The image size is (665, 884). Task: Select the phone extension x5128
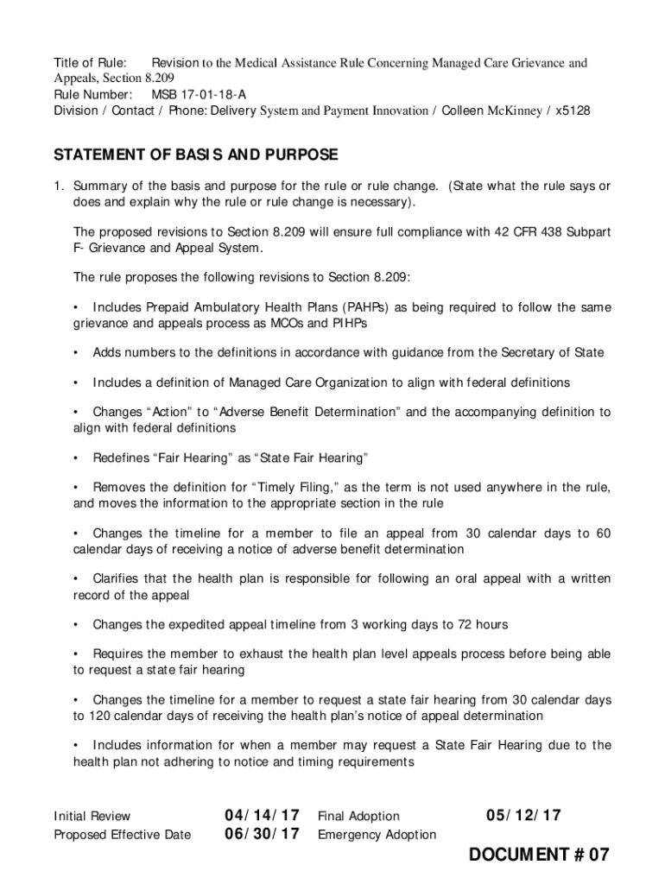point(573,110)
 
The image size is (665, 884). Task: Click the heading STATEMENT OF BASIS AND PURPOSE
point(196,155)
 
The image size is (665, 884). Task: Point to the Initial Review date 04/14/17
point(262,816)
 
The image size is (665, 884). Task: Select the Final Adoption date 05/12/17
point(523,816)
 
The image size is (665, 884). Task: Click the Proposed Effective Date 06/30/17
point(262,834)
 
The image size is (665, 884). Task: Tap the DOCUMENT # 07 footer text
point(539,856)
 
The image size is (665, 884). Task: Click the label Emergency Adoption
point(377,835)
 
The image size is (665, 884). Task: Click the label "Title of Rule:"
point(90,63)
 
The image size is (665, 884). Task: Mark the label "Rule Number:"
point(93,94)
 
